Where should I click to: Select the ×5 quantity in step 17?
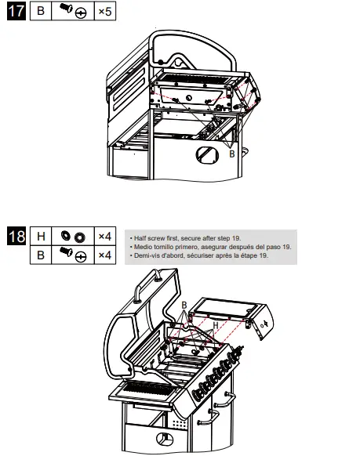104,13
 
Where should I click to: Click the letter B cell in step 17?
42,13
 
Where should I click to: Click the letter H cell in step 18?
42,236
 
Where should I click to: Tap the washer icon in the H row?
72,236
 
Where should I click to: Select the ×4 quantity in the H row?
104,236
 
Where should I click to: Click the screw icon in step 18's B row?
72,254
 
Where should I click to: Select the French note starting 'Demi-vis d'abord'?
201,255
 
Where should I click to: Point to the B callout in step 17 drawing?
231,154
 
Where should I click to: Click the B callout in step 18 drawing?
184,304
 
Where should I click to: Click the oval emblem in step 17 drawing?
207,154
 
